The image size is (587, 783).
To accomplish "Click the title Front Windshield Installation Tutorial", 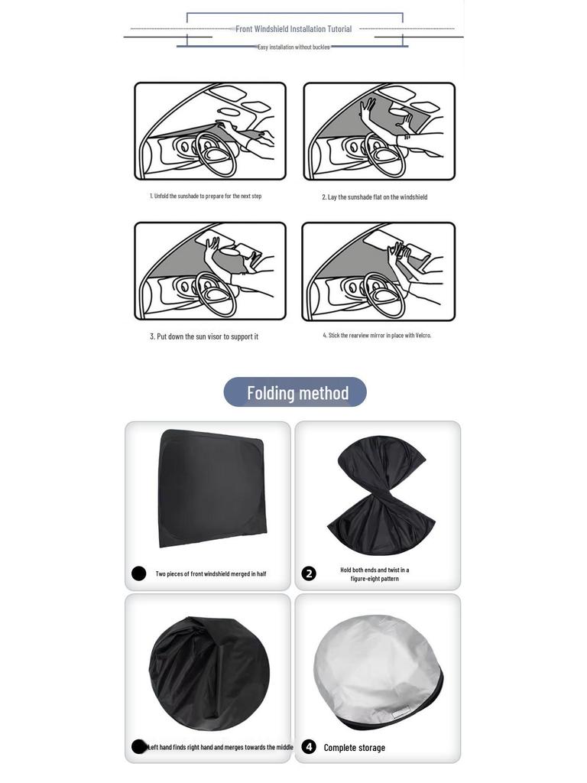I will click(293, 29).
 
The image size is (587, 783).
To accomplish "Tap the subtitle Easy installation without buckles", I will click(293, 47).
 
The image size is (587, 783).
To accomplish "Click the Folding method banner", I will click(295, 392).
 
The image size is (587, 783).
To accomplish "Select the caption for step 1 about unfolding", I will click(206, 197).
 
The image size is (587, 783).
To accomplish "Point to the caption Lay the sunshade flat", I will click(375, 197).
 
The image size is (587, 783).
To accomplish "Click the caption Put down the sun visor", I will click(204, 336).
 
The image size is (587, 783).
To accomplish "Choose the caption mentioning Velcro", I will click(377, 336).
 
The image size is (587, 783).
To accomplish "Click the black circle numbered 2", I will click(309, 573).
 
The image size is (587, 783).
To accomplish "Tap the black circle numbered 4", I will click(309, 747).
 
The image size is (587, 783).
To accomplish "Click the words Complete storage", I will click(354, 748).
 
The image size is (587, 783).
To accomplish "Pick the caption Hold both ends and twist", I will click(375, 574).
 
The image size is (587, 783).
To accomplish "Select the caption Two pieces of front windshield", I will click(211, 574).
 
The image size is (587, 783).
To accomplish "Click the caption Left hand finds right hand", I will click(220, 747).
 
